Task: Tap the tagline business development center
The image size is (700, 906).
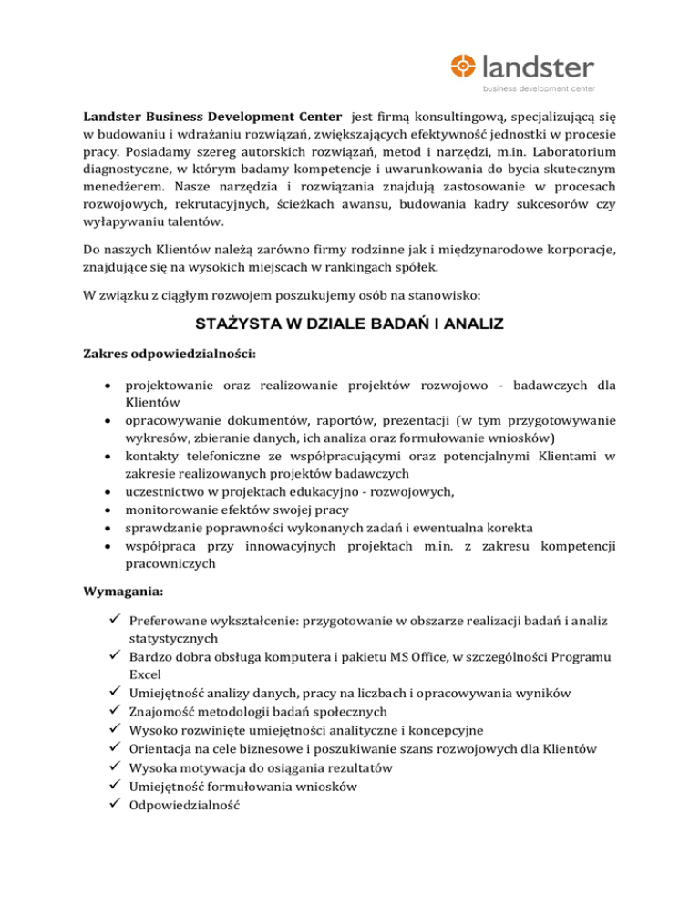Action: coord(538,88)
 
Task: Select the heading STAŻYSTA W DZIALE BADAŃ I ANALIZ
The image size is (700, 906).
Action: coord(349,322)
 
